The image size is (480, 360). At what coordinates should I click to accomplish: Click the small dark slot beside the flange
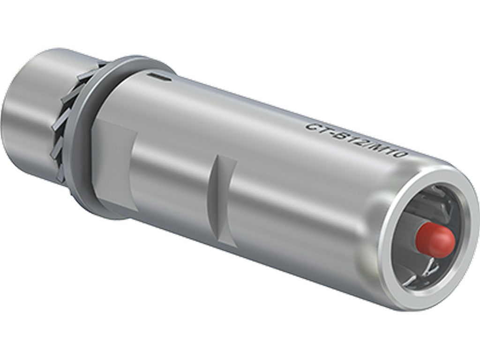(157, 75)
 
